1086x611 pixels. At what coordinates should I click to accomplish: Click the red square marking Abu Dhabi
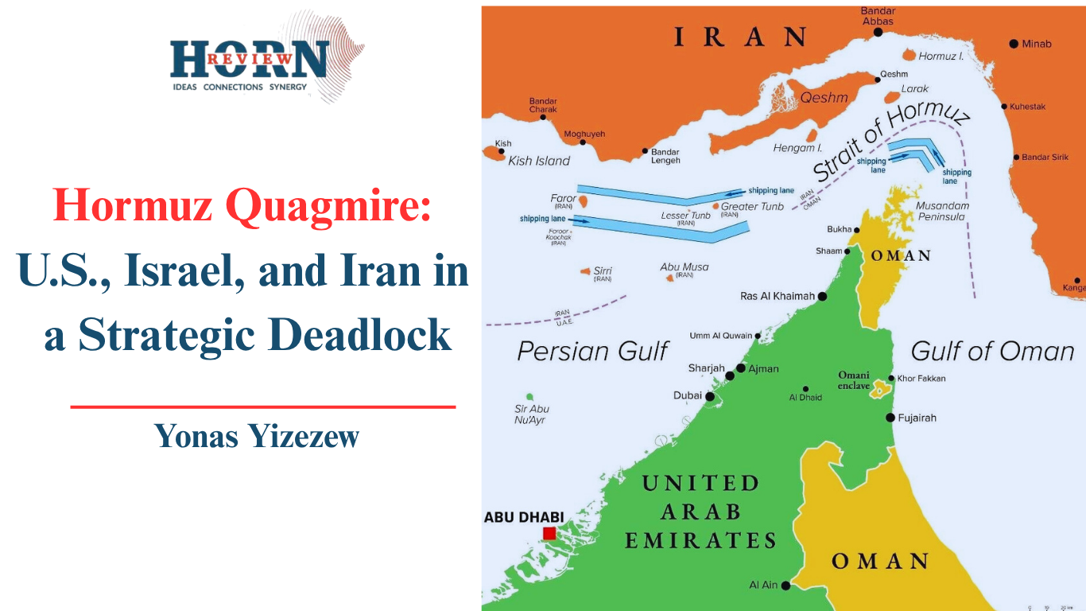coord(549,533)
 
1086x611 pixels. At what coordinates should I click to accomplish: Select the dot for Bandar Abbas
coord(878,33)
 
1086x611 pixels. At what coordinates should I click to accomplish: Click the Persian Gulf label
coord(592,351)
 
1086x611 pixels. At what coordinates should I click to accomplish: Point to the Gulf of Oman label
coord(991,351)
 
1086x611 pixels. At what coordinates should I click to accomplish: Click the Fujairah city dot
coord(890,417)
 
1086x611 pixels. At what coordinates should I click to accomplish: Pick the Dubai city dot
coord(709,395)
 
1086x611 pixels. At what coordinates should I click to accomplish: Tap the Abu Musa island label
coord(684,267)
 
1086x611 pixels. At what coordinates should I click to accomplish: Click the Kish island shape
coord(496,154)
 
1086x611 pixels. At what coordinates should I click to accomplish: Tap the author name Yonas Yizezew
coord(257,435)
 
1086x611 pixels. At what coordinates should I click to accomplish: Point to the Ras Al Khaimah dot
coord(822,296)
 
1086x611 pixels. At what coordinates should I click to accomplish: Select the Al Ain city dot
coord(785,586)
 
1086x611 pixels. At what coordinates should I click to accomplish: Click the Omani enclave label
coord(854,380)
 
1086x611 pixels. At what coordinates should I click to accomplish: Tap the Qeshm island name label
coord(824,98)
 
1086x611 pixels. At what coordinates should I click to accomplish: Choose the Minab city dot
coord(1014,44)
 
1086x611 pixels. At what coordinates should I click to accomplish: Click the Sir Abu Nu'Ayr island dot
coord(529,396)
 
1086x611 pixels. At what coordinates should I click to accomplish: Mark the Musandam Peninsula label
coord(942,211)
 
